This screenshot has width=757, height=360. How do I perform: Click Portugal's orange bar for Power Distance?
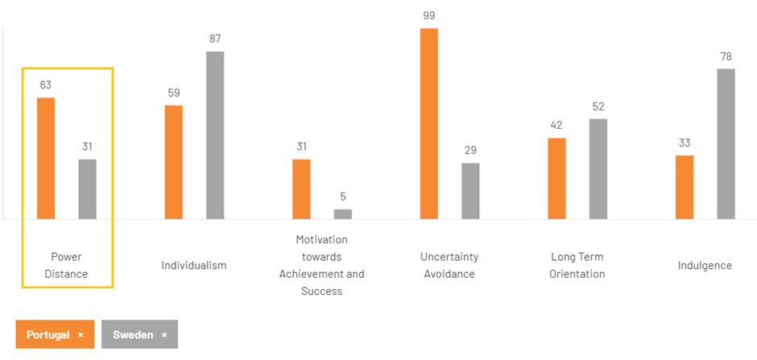[46, 158]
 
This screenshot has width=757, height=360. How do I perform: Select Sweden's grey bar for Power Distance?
[87, 189]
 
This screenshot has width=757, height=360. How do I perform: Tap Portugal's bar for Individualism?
[173, 162]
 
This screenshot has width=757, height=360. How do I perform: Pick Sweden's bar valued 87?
[215, 134]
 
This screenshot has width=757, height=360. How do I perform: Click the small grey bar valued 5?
[343, 214]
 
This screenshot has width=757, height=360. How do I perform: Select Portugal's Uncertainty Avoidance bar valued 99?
[429, 123]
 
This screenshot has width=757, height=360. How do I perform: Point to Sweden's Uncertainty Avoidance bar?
[470, 191]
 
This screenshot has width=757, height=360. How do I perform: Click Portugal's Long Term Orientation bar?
[556, 178]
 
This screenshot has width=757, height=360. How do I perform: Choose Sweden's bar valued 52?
[598, 168]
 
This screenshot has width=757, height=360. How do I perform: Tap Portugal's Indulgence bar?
[685, 187]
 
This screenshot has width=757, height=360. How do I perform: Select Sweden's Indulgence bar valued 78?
[726, 143]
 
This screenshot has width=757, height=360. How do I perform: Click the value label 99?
[429, 15]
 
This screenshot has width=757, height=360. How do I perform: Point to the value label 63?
[46, 85]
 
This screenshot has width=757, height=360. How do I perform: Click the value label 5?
[343, 197]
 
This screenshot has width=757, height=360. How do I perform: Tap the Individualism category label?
[194, 265]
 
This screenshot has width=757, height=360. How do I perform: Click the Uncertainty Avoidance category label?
[449, 265]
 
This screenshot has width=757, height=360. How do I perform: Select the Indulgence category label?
[705, 265]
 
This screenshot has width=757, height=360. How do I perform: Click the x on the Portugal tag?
[81, 334]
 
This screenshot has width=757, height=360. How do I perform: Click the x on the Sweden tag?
[164, 334]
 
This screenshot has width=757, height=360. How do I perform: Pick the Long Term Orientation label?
[577, 265]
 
